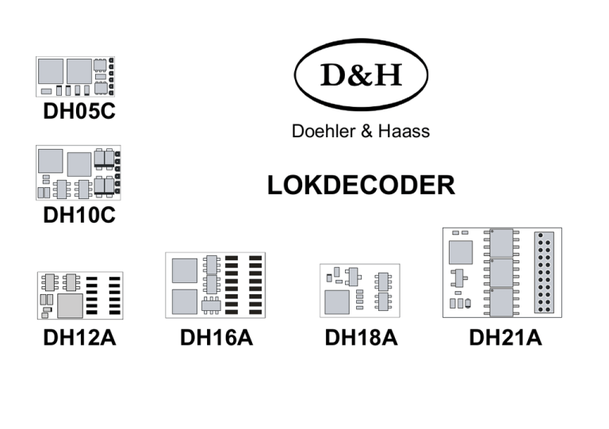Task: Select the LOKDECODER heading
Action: [361, 186]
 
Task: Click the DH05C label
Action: [79, 112]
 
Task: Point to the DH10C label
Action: [79, 214]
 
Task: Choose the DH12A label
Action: [79, 338]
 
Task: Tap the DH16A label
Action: [216, 338]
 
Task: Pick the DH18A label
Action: [361, 338]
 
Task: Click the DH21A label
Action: [505, 338]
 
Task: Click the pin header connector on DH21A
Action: [545, 272]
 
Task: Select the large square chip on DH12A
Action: [71, 305]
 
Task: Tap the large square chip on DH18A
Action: [336, 301]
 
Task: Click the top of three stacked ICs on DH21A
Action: [501, 243]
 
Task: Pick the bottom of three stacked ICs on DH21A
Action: [501, 301]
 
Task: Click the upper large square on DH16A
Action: [184, 270]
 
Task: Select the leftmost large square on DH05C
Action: [51, 70]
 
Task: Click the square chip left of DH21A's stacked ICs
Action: [460, 252]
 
